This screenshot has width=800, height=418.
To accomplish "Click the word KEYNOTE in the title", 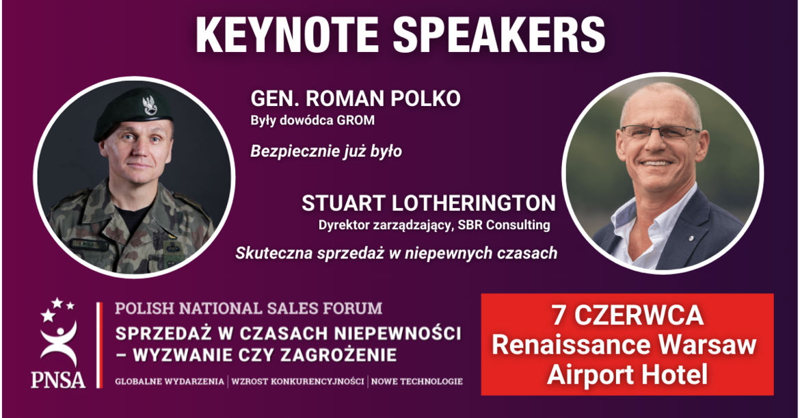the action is [286, 35].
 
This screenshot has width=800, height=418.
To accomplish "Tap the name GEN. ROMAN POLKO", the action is [356, 99].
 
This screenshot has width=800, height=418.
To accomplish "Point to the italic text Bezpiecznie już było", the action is [326, 152].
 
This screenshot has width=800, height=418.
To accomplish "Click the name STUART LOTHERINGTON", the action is [429, 203].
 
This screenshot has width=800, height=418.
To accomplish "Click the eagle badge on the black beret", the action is [150, 105].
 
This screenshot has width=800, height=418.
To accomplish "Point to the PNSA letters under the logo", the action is [57, 380].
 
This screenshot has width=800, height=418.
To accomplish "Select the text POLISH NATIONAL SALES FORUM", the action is [248, 309].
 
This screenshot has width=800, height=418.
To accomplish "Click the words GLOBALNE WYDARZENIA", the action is [170, 381].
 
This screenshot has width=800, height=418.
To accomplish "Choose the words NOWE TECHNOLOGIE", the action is [417, 381].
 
